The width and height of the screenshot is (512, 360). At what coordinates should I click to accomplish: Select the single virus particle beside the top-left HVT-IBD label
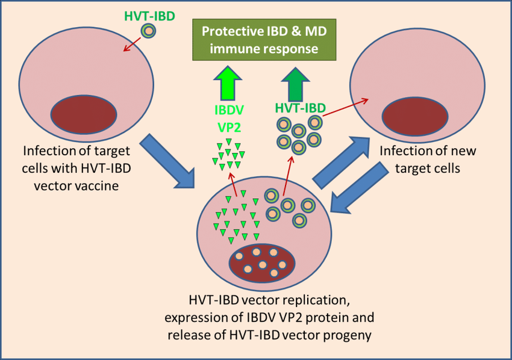point(147,31)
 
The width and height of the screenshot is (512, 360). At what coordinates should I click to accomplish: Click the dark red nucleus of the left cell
point(84,113)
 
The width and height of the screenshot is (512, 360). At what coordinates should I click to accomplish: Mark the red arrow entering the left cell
point(131,44)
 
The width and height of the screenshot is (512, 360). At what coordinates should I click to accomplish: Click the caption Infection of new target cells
point(419,159)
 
